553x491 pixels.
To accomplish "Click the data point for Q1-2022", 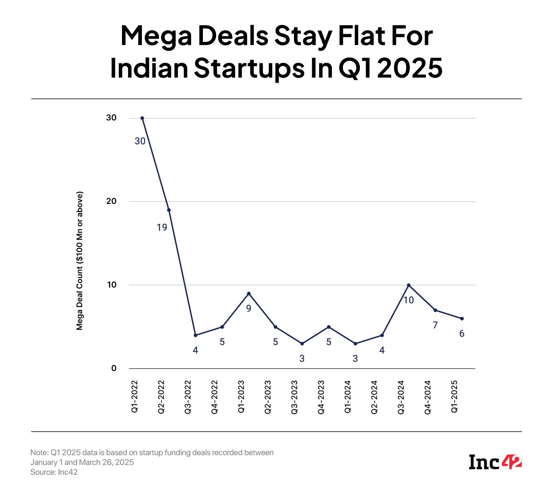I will point(142,118).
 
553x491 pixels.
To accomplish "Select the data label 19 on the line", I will point(162,227).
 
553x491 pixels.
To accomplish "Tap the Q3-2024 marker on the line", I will point(409,285).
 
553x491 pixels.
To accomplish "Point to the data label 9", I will point(249,308).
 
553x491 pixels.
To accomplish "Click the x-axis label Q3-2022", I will point(188,397).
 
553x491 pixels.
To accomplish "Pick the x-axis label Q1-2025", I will point(455,397).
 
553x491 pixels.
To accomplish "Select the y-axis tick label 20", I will point(111,201).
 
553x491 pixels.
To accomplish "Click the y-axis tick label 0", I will point(114,368).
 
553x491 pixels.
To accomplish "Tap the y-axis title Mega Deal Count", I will point(80,260).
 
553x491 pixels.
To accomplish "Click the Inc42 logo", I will point(495,462).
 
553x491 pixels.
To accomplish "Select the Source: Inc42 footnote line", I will point(54,472).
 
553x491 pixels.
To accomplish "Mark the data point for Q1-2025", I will point(462,319).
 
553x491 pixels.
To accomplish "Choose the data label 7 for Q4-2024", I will point(435,325).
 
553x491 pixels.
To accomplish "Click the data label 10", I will point(408,300).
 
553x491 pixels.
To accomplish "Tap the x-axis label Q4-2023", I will point(322,397).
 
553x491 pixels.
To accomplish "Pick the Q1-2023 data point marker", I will point(249,293).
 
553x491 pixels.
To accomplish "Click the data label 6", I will point(462,334).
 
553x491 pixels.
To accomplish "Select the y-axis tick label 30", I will point(111,118).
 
